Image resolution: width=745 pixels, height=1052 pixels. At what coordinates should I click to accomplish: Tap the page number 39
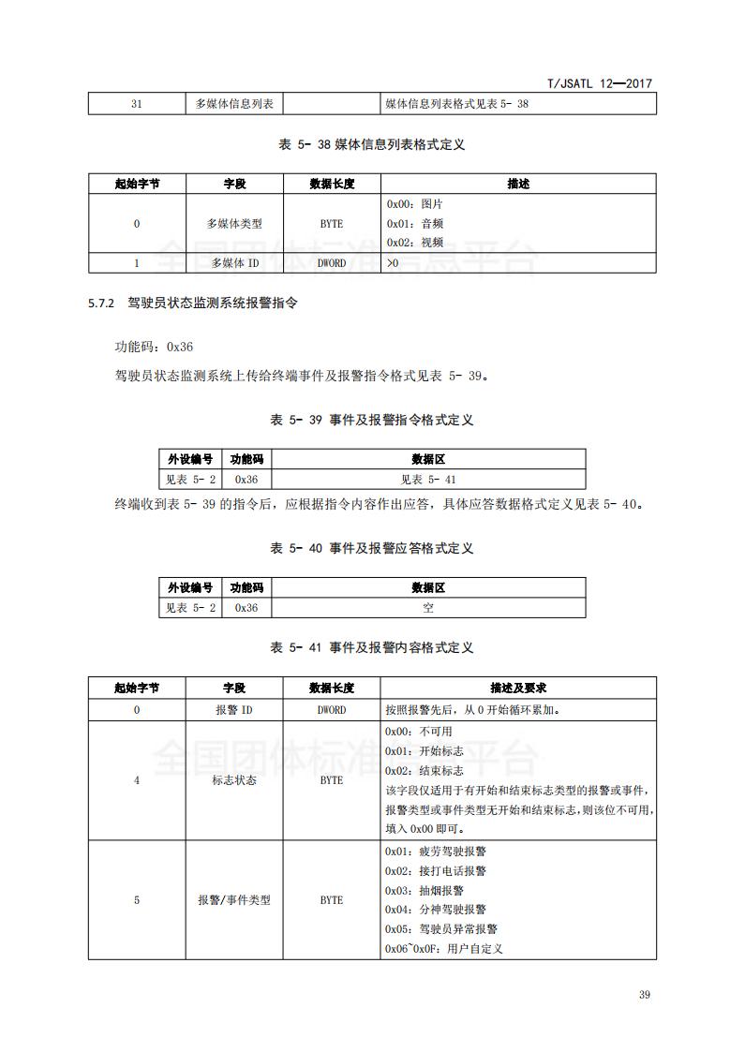click(644, 995)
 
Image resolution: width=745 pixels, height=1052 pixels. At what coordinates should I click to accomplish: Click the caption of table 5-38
click(372, 144)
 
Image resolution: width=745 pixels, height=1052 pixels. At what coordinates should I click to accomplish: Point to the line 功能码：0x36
click(154, 347)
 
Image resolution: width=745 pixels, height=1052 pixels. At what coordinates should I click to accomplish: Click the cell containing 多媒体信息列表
click(234, 104)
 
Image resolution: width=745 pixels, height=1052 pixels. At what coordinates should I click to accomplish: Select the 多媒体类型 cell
click(234, 224)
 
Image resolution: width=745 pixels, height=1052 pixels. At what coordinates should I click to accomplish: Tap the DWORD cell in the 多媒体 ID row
click(331, 263)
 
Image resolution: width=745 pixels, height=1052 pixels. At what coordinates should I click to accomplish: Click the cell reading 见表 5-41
click(427, 479)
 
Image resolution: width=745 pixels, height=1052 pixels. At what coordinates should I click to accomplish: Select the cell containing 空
click(427, 608)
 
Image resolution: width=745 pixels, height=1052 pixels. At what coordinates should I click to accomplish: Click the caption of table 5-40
click(372, 548)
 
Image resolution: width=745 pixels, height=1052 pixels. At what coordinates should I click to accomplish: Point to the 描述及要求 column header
click(518, 688)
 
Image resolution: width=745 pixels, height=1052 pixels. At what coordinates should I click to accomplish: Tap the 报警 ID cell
click(234, 709)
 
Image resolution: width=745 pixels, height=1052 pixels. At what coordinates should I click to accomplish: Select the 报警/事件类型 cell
click(234, 900)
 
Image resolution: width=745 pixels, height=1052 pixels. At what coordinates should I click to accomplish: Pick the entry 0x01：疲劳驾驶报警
click(435, 852)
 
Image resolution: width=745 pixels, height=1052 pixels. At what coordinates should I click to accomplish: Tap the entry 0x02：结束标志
click(424, 770)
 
